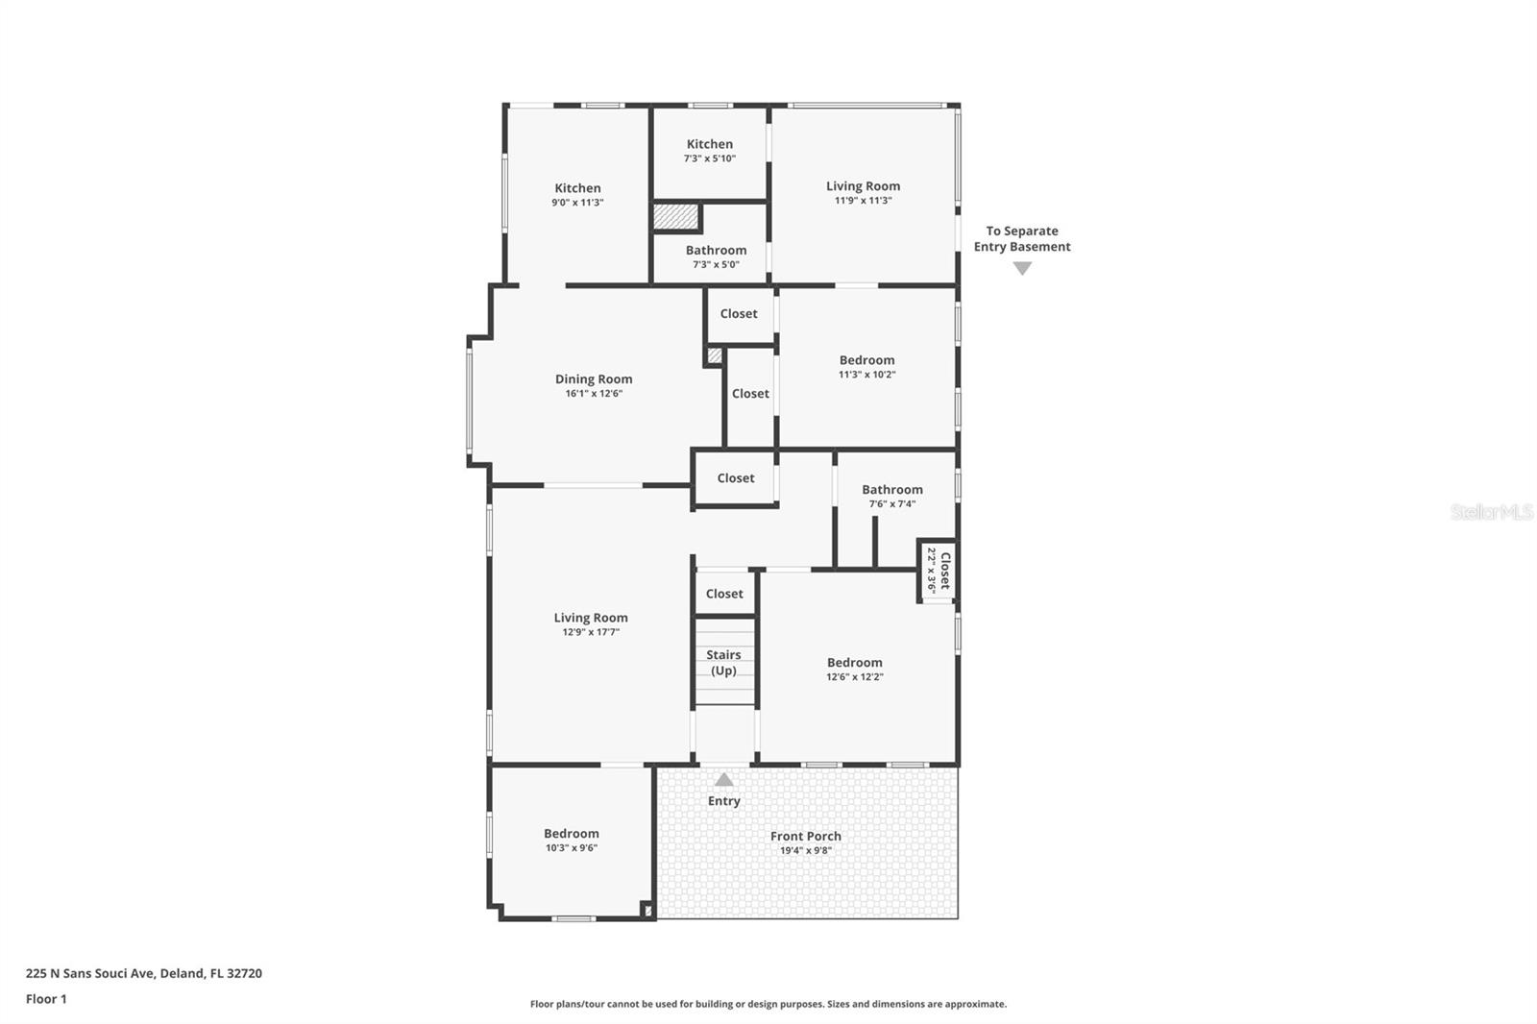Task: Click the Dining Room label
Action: [x=594, y=379]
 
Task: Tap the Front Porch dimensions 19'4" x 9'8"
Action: [x=805, y=851]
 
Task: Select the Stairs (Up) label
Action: [x=723, y=663]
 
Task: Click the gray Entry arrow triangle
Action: [x=724, y=780]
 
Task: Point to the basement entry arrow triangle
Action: [x=1022, y=269]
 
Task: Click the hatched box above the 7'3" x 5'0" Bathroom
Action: [x=675, y=216]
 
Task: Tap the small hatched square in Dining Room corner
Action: [x=714, y=355]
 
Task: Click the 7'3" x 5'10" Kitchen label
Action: [x=709, y=144]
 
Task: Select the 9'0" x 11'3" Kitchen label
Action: [x=577, y=188]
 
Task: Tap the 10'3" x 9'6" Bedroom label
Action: [x=571, y=834]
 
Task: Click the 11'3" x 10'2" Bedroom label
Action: [x=866, y=360]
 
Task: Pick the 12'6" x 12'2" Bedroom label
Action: [x=854, y=663]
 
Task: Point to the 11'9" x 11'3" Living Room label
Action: [x=863, y=186]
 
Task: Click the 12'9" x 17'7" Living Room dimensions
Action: [x=591, y=632]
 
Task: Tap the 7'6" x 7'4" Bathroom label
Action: [x=891, y=490]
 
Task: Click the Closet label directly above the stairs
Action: [x=724, y=594]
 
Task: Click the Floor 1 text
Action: [x=46, y=999]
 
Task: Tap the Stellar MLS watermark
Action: [x=1491, y=512]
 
